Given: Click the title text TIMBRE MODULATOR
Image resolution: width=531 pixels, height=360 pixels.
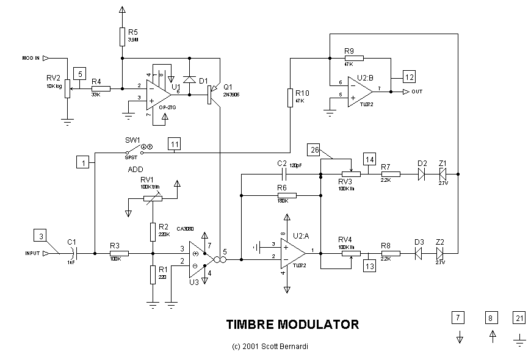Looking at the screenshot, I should [292, 324].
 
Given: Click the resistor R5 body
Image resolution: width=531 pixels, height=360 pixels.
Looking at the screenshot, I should [122, 37].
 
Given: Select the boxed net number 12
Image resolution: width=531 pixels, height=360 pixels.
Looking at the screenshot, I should [408, 76].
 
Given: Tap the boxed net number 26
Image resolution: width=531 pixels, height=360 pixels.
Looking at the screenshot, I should [314, 149].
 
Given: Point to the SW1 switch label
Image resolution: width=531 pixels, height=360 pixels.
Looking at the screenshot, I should [132, 140].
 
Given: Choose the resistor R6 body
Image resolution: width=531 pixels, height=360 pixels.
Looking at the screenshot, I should [286, 195].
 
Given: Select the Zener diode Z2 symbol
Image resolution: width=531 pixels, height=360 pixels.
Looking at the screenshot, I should [439, 253].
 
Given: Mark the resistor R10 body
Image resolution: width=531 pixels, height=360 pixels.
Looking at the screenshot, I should [291, 98].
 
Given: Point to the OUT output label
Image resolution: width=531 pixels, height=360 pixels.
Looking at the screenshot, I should [417, 92].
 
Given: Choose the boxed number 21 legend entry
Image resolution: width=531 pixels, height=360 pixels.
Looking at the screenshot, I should [519, 317].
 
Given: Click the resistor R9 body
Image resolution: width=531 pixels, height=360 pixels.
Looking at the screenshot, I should [354, 58].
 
